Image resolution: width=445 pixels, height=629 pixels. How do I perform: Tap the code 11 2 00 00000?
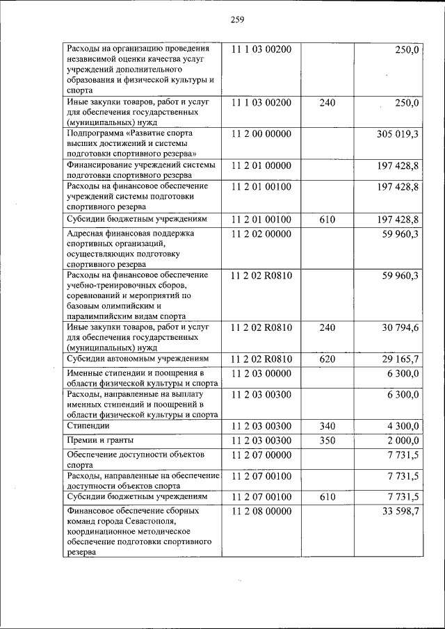pos(261,133)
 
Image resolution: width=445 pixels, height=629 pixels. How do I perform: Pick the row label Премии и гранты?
pos(100,440)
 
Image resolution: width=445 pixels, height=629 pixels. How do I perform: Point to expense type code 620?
pos(327,359)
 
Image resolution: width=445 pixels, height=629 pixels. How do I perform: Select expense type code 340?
pos(327,425)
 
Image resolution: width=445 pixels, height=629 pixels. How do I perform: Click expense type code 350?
pos(327,441)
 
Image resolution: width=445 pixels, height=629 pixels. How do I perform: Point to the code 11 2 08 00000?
pos(261,512)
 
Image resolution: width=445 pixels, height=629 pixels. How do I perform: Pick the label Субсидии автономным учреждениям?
pos(137,359)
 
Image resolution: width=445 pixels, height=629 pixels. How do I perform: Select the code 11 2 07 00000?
pos(261,457)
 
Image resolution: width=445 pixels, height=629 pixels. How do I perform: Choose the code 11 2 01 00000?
pos(261,166)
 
